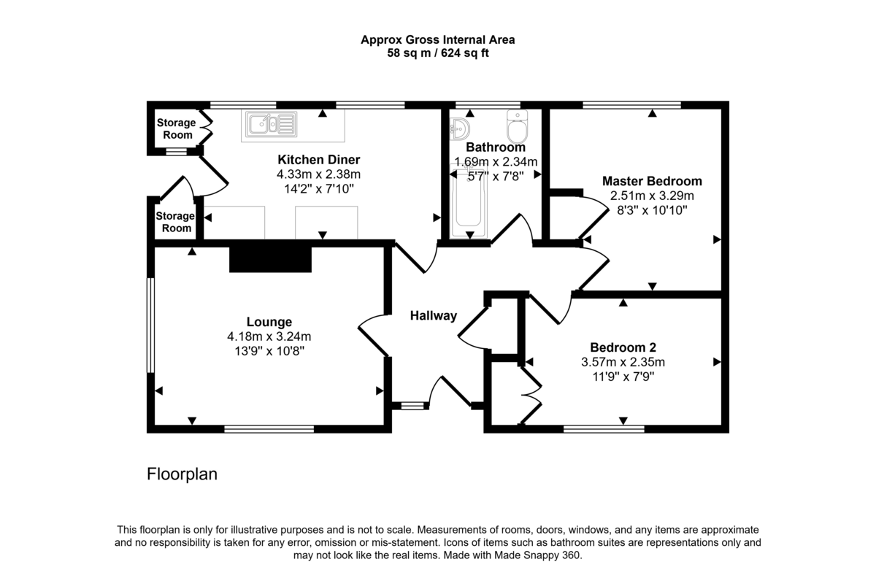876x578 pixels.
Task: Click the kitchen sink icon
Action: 272,124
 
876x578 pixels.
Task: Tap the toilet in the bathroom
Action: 518,128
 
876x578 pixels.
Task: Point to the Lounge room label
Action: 269,322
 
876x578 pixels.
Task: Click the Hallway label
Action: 433,316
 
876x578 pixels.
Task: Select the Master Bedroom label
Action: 652,181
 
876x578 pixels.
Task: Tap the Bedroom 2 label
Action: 623,347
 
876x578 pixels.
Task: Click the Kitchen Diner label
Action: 318,160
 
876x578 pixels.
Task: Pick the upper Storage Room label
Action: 176,129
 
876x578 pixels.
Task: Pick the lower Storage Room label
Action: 175,222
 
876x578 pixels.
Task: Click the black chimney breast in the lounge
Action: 271,259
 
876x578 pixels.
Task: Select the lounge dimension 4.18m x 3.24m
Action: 269,336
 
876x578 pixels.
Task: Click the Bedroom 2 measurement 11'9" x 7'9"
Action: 623,377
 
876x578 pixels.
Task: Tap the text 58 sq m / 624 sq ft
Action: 438,53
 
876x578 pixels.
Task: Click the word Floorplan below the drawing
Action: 182,474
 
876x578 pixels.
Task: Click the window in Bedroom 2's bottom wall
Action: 604,429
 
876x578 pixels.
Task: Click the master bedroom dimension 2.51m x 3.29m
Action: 652,196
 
